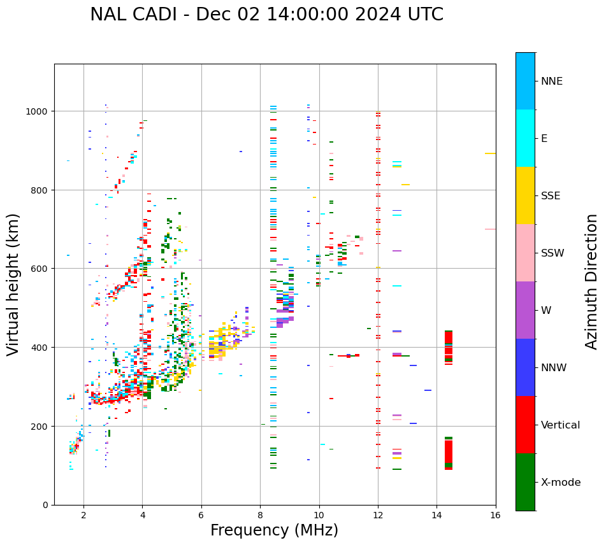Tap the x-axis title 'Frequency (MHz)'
tap(274, 530)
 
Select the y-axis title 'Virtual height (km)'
tap(13, 284)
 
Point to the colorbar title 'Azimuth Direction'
tap(592, 281)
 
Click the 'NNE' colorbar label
tap(552, 81)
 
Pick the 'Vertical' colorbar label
tap(560, 425)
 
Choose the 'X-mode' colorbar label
tap(561, 482)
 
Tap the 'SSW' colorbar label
tap(552, 253)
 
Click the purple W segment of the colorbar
tap(525, 310)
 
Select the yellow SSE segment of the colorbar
tap(525, 195)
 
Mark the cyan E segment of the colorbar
tap(525, 138)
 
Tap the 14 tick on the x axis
tap(436, 516)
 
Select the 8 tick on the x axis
tap(260, 516)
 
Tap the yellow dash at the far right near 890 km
tap(490, 153)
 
